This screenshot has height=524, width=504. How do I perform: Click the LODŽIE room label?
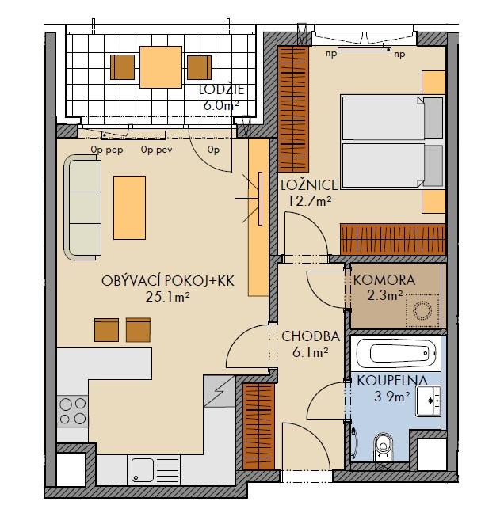point(222,90)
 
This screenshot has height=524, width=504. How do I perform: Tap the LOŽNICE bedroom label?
point(309,184)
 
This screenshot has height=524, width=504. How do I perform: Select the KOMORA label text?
point(384,280)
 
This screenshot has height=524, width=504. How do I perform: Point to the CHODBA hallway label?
point(311,336)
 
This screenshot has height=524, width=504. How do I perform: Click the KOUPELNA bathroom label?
point(392,381)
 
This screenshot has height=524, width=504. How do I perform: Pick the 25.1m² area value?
point(168,297)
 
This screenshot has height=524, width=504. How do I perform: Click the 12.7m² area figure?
point(310,201)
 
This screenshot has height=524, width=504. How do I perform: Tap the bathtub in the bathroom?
point(396,353)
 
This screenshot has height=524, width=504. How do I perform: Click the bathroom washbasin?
point(428,401)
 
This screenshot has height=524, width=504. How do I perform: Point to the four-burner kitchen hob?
point(73,411)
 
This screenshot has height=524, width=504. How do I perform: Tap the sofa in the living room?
point(82,207)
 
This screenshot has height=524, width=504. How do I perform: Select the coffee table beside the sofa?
point(129,208)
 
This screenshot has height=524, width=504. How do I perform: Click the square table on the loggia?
point(161,67)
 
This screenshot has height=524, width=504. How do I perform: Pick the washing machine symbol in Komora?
point(422,311)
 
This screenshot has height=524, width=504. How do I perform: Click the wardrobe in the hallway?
point(258,427)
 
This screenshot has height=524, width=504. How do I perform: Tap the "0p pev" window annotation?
point(157,150)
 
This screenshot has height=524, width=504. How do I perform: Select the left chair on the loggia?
point(123,67)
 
